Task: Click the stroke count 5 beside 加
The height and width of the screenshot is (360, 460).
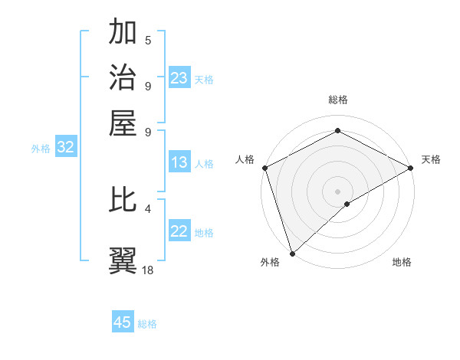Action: [x=148, y=41]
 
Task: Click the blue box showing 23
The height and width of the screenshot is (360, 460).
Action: [x=179, y=78]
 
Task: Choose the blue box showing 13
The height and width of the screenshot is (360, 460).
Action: [x=179, y=162]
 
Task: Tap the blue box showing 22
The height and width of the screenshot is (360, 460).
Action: [x=179, y=232]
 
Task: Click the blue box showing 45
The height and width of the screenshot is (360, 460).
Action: [x=123, y=322]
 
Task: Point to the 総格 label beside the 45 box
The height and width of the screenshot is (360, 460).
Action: [x=147, y=324]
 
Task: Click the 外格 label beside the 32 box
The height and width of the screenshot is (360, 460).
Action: [x=41, y=149]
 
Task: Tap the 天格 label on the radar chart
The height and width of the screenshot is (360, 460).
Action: [x=431, y=159]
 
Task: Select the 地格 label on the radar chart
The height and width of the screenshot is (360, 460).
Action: [x=402, y=262]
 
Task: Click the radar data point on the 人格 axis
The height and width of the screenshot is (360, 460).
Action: [x=264, y=167]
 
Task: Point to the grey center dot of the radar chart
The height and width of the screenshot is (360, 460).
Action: [x=337, y=191]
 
